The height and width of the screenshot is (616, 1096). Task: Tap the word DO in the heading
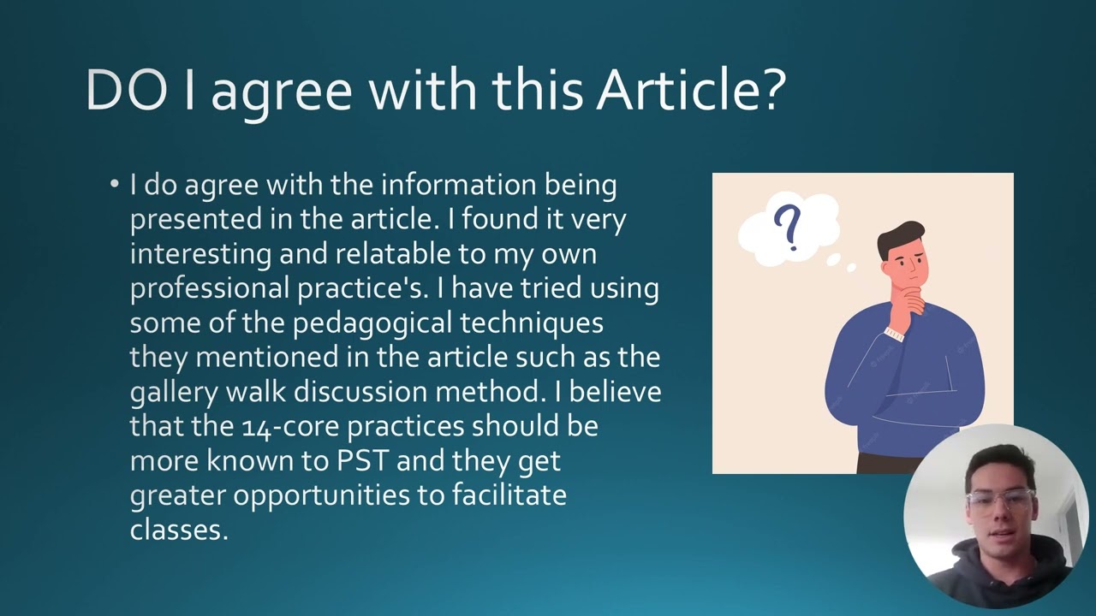point(126,90)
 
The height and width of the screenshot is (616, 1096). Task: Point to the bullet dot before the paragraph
point(115,185)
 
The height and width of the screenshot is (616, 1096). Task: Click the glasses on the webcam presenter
point(999,501)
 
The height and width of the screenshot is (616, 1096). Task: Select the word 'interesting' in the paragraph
point(200,254)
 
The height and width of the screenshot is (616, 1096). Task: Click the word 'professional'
point(210,288)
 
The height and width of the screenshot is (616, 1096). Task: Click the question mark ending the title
point(772,89)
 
